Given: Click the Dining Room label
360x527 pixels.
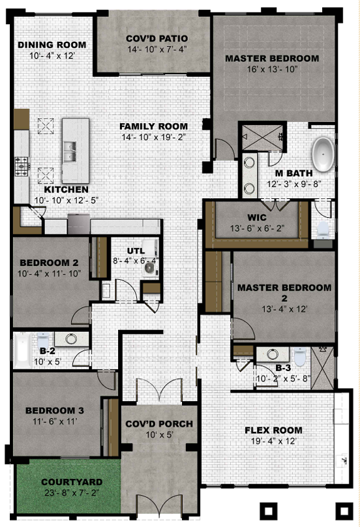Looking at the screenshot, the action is [52, 45].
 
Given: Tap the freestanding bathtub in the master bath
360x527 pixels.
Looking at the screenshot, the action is [323, 155].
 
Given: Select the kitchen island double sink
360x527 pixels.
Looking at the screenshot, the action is [70, 151].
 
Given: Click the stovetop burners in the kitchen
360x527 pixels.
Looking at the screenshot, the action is [22, 166].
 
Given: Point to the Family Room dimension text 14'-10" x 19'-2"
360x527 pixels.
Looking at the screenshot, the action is [154, 137].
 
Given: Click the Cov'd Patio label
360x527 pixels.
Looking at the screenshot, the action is [157, 38].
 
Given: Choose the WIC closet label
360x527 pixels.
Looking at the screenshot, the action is [257, 217].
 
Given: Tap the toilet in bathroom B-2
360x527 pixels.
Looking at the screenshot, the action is [42, 340].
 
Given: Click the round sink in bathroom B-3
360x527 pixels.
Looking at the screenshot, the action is [272, 354].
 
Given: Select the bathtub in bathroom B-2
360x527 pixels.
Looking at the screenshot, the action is [22, 350].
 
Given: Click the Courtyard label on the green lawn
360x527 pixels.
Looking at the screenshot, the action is [72, 482].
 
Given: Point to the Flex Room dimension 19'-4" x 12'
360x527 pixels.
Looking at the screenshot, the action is [274, 442].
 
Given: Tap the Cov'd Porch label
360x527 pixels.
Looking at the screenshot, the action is [159, 424].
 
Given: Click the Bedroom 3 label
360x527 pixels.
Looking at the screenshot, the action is [55, 410].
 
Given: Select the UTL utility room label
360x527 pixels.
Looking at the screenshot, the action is [136, 250].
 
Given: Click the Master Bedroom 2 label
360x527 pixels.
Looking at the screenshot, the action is [284, 293].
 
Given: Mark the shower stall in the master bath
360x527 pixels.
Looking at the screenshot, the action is [263, 137].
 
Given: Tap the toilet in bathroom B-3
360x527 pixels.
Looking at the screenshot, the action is [299, 355].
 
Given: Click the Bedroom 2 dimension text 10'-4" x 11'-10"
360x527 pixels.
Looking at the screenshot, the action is [50, 273].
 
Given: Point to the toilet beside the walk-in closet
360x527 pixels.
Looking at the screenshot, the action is [323, 229].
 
